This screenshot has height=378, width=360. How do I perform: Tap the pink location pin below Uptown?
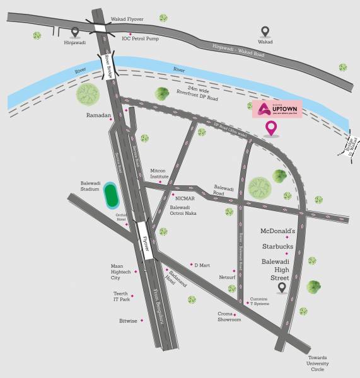click(272, 129)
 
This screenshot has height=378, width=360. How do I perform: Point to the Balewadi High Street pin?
click(282, 287)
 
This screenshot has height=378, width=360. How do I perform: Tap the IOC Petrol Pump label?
click(140, 38)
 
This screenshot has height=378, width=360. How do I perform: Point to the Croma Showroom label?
click(230, 317)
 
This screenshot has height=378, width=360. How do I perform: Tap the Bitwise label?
click(128, 321)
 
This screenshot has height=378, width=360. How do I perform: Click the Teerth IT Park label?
click(121, 297)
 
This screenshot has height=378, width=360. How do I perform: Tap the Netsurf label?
click(227, 276)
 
